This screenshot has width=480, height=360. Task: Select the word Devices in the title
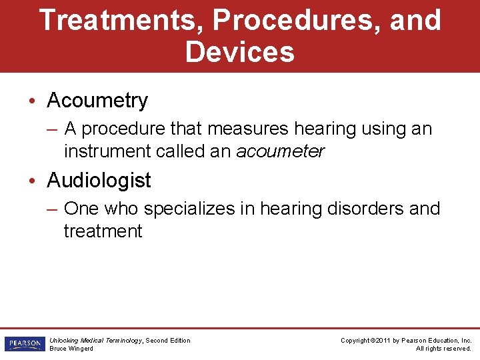coord(239,52)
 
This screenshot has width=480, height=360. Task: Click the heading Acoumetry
coord(97,101)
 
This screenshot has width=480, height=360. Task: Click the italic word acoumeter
coord(280,151)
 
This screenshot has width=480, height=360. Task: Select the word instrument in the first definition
coord(107,151)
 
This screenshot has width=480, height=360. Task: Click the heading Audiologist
coord(99,181)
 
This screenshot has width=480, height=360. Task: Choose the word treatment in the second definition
coord(103,231)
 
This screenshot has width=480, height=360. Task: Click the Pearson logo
coord(23,344)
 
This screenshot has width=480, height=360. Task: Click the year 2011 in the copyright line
coord(383,340)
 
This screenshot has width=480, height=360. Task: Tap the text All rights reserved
coord(443,349)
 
